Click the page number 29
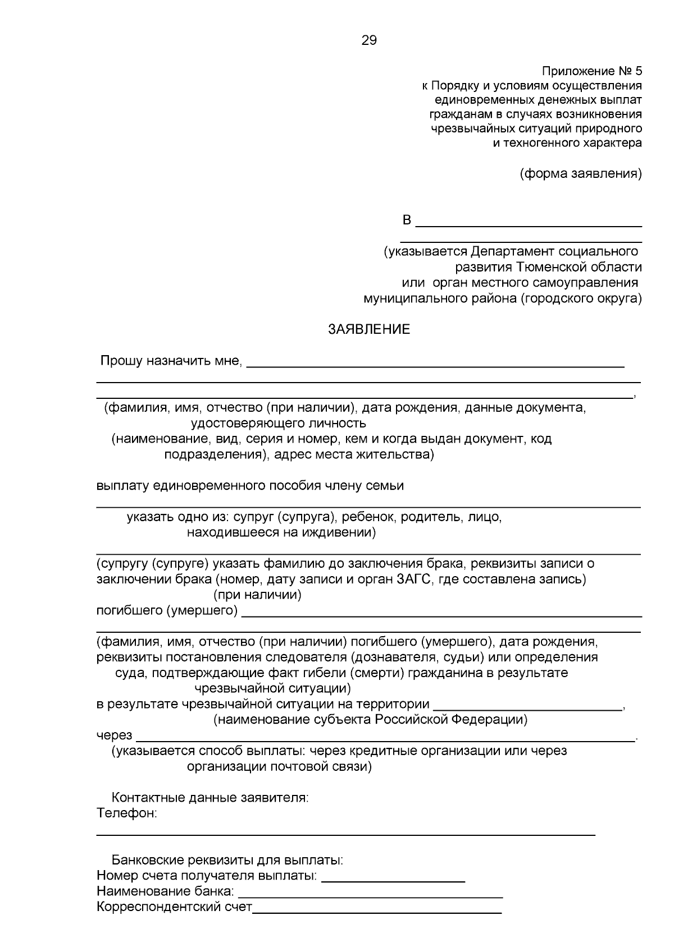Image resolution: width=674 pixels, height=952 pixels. (x=369, y=40)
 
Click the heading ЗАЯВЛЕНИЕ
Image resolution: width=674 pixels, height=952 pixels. (x=369, y=330)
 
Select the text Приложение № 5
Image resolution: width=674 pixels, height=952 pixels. (x=591, y=71)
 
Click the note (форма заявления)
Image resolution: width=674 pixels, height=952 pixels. (x=580, y=173)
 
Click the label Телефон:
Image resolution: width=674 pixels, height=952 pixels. (x=127, y=813)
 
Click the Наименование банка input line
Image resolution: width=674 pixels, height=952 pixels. (x=371, y=896)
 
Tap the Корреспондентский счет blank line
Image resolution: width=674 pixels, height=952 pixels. (x=377, y=912)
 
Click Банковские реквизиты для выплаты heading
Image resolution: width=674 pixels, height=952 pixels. (x=227, y=860)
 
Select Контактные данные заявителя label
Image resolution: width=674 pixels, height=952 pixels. (x=210, y=797)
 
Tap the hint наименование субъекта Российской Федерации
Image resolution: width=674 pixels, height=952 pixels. (x=370, y=720)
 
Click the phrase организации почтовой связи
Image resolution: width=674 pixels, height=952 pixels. (x=279, y=766)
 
